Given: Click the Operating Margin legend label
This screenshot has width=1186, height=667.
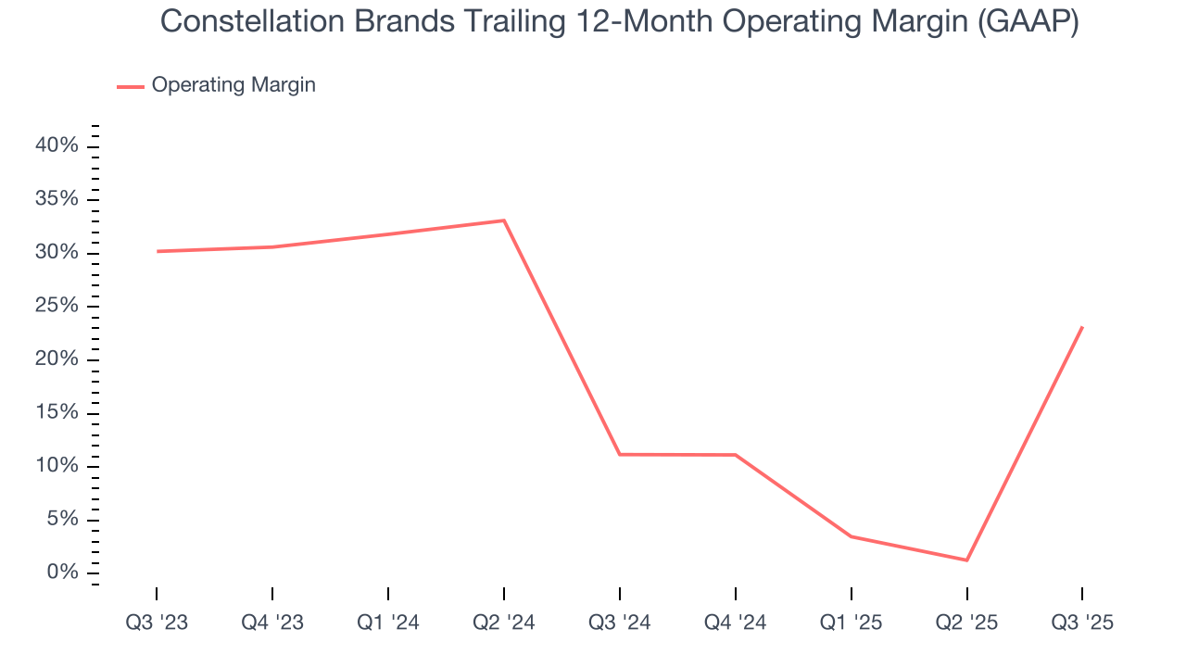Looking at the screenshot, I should (233, 85).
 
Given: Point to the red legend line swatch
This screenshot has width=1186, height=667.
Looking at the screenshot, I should (130, 86).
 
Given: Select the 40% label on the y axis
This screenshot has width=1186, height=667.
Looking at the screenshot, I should (57, 145).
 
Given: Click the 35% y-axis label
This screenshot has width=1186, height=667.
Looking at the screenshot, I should (57, 199).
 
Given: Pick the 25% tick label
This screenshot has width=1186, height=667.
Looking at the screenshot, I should (57, 306).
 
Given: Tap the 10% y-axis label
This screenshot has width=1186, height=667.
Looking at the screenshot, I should (57, 465).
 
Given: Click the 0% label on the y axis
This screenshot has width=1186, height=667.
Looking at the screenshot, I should (63, 572).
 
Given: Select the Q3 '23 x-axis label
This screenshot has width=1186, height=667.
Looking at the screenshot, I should (157, 623).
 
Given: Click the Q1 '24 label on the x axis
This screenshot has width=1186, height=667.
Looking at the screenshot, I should (388, 623).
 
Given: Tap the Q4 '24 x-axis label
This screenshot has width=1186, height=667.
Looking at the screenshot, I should (736, 623).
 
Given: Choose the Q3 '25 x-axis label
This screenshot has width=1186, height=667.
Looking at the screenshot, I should (1082, 623).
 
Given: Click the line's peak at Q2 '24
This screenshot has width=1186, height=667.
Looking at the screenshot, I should (504, 220).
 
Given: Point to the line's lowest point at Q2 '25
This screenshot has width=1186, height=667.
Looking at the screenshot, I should (966, 560).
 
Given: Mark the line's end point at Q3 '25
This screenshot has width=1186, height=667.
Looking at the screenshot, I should (1082, 327).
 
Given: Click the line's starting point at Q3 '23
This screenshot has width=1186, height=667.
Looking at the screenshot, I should (157, 251).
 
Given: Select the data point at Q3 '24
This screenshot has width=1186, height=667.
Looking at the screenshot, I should (620, 454).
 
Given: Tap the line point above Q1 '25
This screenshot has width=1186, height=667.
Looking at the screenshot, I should (852, 536).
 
